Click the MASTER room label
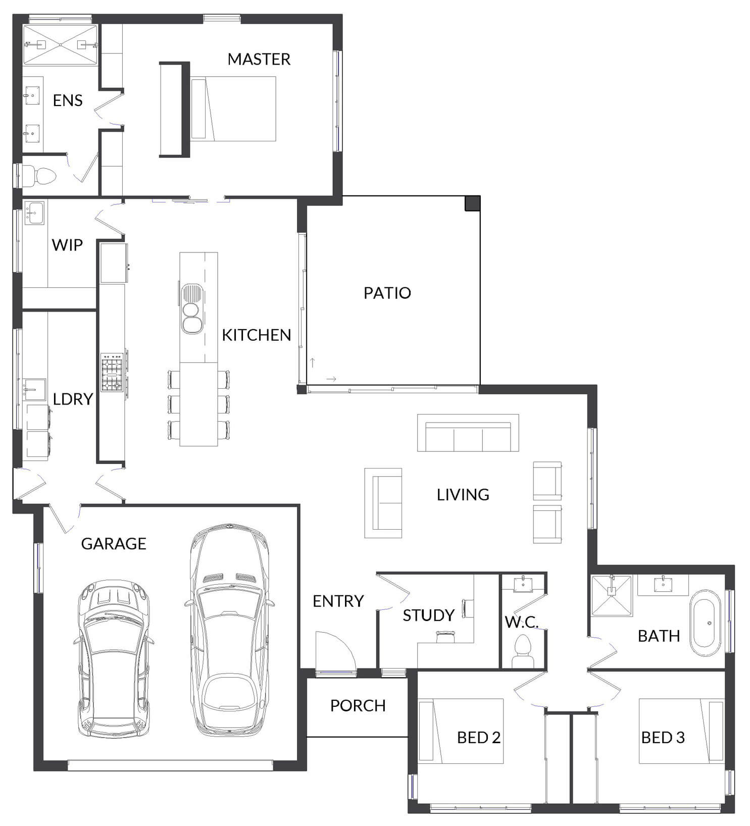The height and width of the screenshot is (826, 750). [259, 59]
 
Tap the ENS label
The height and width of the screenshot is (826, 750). [68, 100]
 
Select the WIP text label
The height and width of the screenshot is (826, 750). [67, 245]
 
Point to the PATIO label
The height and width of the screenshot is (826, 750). [387, 293]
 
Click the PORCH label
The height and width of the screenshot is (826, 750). [358, 705]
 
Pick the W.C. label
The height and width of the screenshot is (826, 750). [522, 622]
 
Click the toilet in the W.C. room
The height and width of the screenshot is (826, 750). [523, 651]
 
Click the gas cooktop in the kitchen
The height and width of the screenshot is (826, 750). [112, 373]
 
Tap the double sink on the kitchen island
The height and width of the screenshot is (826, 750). [192, 308]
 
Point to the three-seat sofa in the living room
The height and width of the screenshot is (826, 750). [468, 433]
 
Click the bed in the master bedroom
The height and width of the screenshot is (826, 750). [233, 109]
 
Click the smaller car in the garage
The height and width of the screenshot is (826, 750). [114, 659]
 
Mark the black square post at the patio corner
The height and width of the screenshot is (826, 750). [472, 203]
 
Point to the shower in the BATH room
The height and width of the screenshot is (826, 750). [612, 596]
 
